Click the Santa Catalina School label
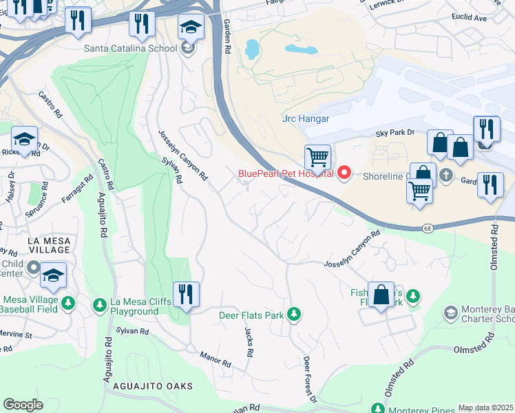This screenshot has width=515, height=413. click(x=129, y=48)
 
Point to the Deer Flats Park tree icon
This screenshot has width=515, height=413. click(x=294, y=315)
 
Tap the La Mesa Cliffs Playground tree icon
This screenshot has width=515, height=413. click(x=100, y=304)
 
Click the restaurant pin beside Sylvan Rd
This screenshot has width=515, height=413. click(x=185, y=295)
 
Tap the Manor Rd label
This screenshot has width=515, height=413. click(x=216, y=359)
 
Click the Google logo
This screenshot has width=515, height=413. click(x=23, y=405)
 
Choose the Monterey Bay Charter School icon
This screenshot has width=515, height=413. click(x=450, y=314)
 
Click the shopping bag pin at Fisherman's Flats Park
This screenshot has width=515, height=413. click(x=381, y=295)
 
